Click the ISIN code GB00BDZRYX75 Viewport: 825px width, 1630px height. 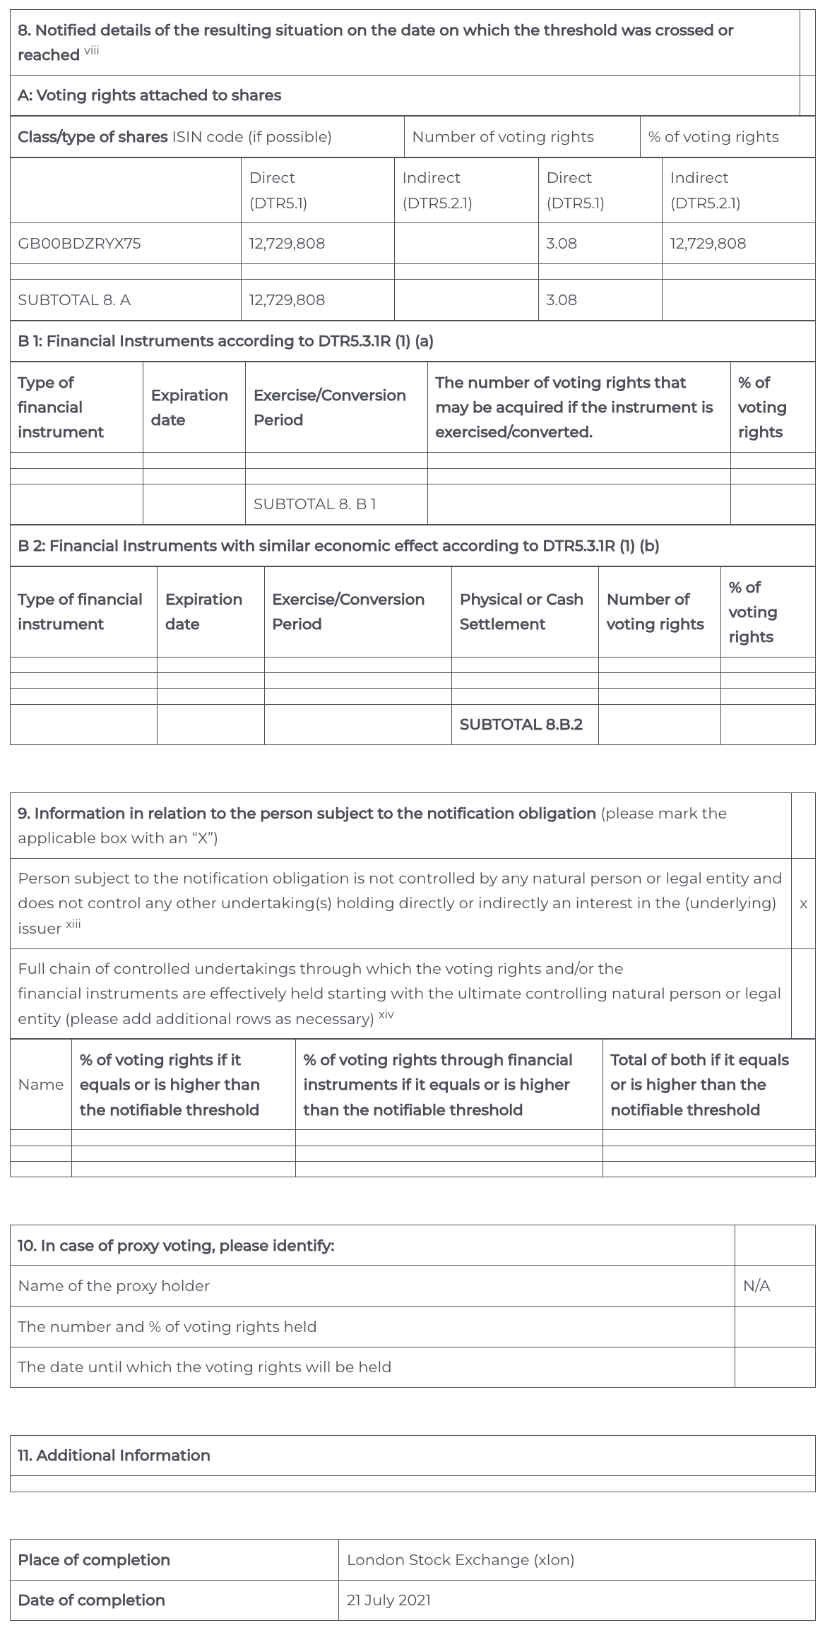pyautogui.click(x=79, y=244)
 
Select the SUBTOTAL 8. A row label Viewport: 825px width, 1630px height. pyautogui.click(x=74, y=300)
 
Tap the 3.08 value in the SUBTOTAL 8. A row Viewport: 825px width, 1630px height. pyautogui.click(x=562, y=300)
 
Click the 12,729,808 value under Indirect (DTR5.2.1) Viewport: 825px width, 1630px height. pyautogui.click(x=708, y=244)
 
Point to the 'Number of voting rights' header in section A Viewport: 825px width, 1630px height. pyautogui.click(x=503, y=137)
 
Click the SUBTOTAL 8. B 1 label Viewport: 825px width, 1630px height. pyautogui.click(x=314, y=504)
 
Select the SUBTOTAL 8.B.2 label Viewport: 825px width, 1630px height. pyautogui.click(x=521, y=725)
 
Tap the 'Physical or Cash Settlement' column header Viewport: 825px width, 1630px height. pyautogui.click(x=521, y=612)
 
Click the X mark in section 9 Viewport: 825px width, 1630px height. pyautogui.click(x=803, y=904)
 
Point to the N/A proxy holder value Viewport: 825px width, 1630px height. pyautogui.click(x=756, y=1286)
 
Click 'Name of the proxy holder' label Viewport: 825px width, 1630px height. pyautogui.click(x=114, y=1286)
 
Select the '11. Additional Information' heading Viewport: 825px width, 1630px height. pyautogui.click(x=114, y=1456)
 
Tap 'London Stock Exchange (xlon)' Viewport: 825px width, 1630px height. pyautogui.click(x=461, y=1560)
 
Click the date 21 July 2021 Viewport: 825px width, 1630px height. pyautogui.click(x=388, y=1600)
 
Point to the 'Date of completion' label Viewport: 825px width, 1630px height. pyautogui.click(x=91, y=1600)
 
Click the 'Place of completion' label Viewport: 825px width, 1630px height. pyautogui.click(x=94, y=1560)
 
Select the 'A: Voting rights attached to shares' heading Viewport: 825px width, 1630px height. pyautogui.click(x=149, y=95)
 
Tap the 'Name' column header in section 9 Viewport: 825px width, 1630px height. pyautogui.click(x=40, y=1085)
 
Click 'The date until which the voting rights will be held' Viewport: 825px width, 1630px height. pyautogui.click(x=204, y=1367)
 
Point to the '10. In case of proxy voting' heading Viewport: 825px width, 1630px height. pyautogui.click(x=176, y=1246)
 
